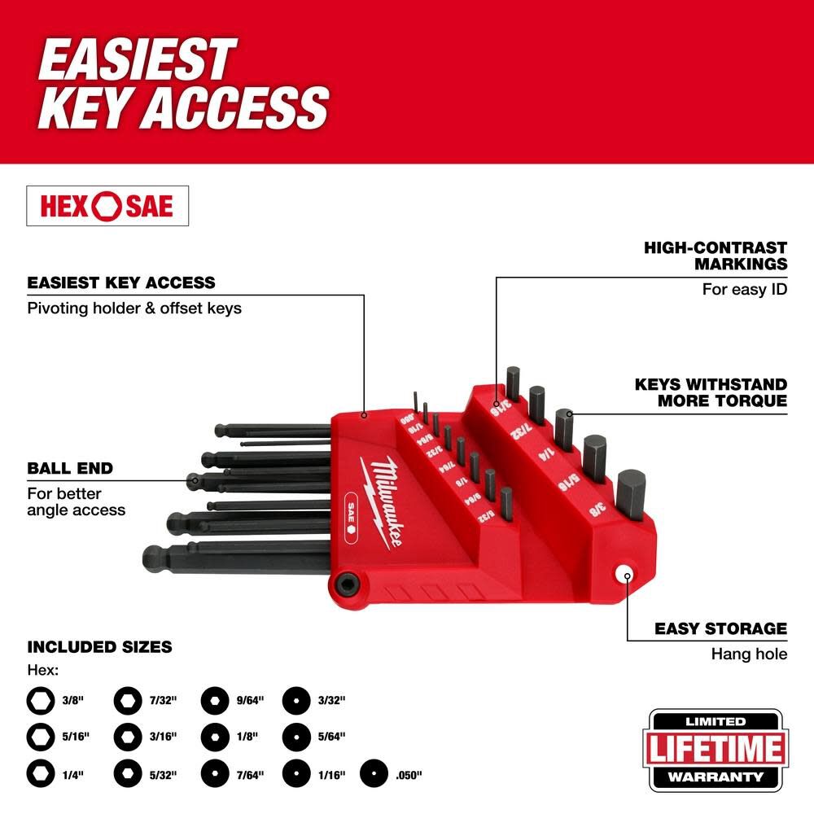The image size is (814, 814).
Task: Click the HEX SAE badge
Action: coord(107,206)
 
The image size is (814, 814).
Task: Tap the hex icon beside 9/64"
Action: coord(213,698)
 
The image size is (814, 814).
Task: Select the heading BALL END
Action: coord(70,468)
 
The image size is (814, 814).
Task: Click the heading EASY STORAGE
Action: coord(720,628)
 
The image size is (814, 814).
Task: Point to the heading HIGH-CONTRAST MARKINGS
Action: coord(716,255)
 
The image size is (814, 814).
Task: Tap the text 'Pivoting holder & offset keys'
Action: coord(134,309)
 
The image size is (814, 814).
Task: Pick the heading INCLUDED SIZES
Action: coord(100,647)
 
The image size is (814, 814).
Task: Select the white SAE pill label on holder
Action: coord(349,504)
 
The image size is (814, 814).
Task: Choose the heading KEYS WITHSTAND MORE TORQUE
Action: coord(711,392)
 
